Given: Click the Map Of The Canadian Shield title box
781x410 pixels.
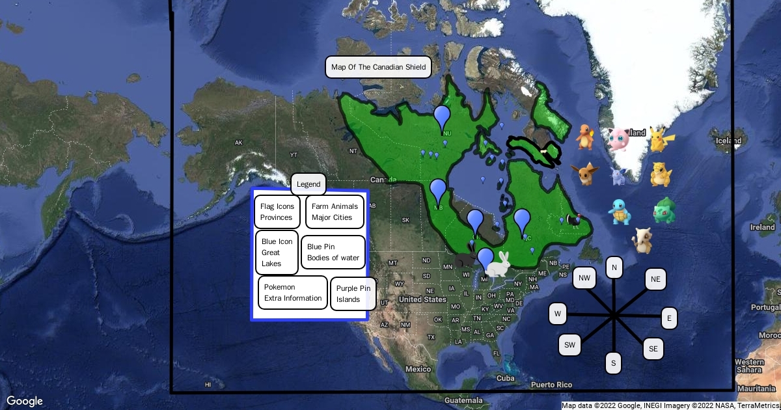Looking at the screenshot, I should pos(378,67).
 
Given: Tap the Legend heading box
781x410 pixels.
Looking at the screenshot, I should pos(308,184).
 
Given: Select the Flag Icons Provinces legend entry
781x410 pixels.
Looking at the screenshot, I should pos(277,212).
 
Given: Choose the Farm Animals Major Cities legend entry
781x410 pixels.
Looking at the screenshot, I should pos(335,212).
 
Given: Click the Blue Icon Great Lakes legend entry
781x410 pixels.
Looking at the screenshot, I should pos(277,253).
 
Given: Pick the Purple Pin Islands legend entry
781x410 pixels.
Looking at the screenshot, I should pos(353,294).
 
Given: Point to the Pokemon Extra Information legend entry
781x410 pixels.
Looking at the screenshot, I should pos(293,293).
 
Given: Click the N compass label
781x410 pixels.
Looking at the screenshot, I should pos(614,267).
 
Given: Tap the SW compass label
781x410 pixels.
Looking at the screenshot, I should pos(570,344).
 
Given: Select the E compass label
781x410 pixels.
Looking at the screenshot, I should pos(669,318).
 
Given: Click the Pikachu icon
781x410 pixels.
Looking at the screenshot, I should pos(661,139).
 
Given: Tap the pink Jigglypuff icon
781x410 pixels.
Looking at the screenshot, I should pos(619,139).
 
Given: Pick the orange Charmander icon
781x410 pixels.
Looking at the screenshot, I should pos(585,137).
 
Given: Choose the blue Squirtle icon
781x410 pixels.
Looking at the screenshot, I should pos(619,212).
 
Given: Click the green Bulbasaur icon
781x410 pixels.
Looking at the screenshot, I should pos(665,211).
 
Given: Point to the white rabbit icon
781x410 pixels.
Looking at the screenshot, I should pos(500,264).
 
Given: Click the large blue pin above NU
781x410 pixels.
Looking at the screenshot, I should pos(443,118).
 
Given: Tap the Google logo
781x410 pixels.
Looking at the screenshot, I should pos(25,401).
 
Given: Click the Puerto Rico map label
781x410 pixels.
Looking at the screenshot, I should pos(551,385).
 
